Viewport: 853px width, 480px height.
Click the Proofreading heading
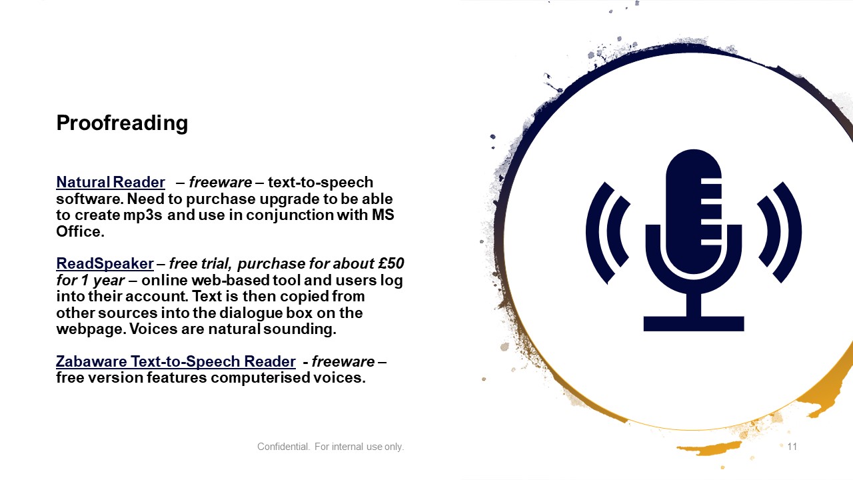122,123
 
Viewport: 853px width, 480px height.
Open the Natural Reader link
111,182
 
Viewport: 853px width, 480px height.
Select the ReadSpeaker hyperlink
105,263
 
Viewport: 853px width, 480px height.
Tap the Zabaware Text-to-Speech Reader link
175,361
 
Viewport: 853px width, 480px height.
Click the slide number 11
792,447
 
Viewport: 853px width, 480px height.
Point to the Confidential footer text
330,447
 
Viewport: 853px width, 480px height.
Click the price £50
391,263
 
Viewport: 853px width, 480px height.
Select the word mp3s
143,215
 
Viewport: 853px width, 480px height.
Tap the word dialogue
251,313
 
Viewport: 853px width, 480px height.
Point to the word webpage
91,329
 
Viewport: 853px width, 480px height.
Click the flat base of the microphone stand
694,323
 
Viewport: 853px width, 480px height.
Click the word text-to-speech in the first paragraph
321,183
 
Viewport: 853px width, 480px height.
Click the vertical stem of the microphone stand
694,305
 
